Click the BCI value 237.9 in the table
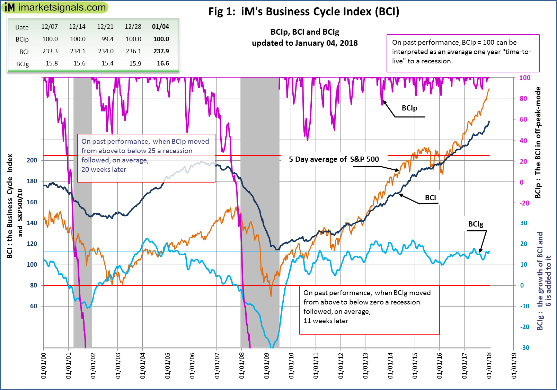[161, 51]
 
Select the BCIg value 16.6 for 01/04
[163, 63]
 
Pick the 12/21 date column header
[105, 27]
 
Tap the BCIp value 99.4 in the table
[107, 39]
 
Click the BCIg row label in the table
[23, 64]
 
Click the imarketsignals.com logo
[55, 7]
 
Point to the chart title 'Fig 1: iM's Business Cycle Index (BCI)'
[303, 12]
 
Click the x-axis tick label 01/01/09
[266, 366]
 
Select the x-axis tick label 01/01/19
[514, 366]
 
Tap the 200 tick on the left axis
[32, 160]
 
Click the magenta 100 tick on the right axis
[524, 78]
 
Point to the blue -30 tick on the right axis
[524, 348]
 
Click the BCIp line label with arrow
[409, 108]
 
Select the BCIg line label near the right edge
[476, 224]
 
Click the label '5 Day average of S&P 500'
[334, 159]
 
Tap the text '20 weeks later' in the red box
[104, 170]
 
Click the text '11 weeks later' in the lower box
[326, 321]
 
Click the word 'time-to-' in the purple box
[516, 52]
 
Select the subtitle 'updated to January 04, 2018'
[304, 43]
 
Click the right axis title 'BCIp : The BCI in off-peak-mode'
[538, 142]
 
